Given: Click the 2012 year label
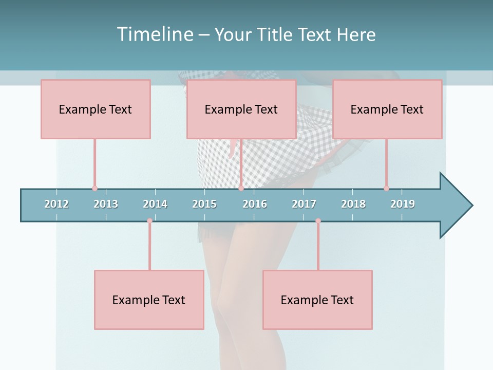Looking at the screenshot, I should (56, 204).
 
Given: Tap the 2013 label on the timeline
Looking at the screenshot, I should (106, 204).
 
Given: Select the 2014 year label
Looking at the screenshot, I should (155, 204).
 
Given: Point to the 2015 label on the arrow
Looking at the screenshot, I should (204, 204).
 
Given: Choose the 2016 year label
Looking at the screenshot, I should (255, 204).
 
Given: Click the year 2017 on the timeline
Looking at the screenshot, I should (304, 204).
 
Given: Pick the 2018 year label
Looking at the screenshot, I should (353, 204).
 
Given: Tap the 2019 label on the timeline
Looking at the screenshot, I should (403, 204).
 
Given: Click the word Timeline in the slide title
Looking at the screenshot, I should (154, 34).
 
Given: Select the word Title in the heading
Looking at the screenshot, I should (275, 34).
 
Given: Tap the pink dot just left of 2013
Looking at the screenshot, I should (94, 188).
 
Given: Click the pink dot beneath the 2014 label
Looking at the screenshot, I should (149, 221).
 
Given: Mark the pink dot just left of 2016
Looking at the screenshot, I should (241, 188).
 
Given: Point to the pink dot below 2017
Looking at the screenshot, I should (318, 221).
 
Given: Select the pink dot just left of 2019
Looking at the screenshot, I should (386, 188).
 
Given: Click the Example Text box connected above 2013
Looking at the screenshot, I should (96, 109).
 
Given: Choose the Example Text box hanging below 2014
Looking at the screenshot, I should (149, 300).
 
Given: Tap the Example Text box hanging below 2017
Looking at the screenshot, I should (317, 300).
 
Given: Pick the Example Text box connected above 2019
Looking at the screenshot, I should (387, 109).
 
